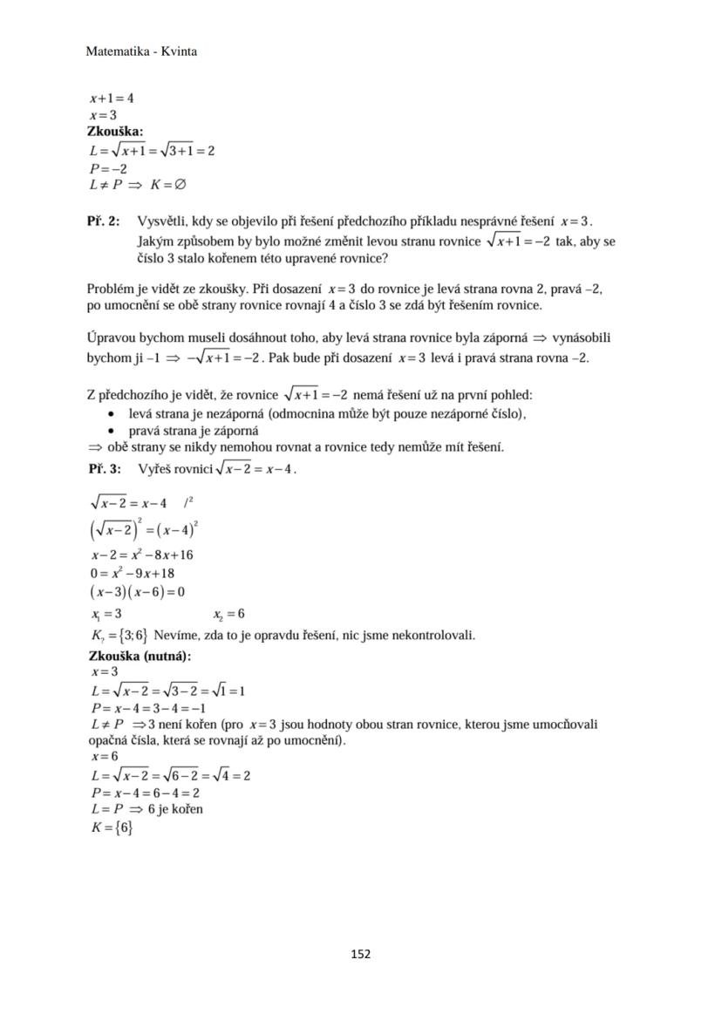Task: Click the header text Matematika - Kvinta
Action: pos(141,51)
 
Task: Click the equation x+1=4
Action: pos(111,99)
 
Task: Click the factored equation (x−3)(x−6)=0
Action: pos(138,592)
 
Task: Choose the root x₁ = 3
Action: pos(106,614)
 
